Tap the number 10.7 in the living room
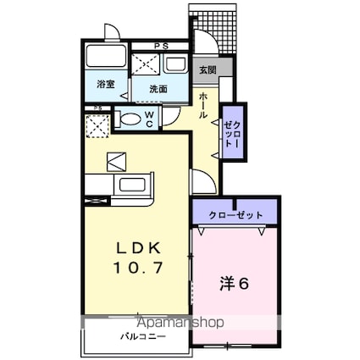tap(135, 268)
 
